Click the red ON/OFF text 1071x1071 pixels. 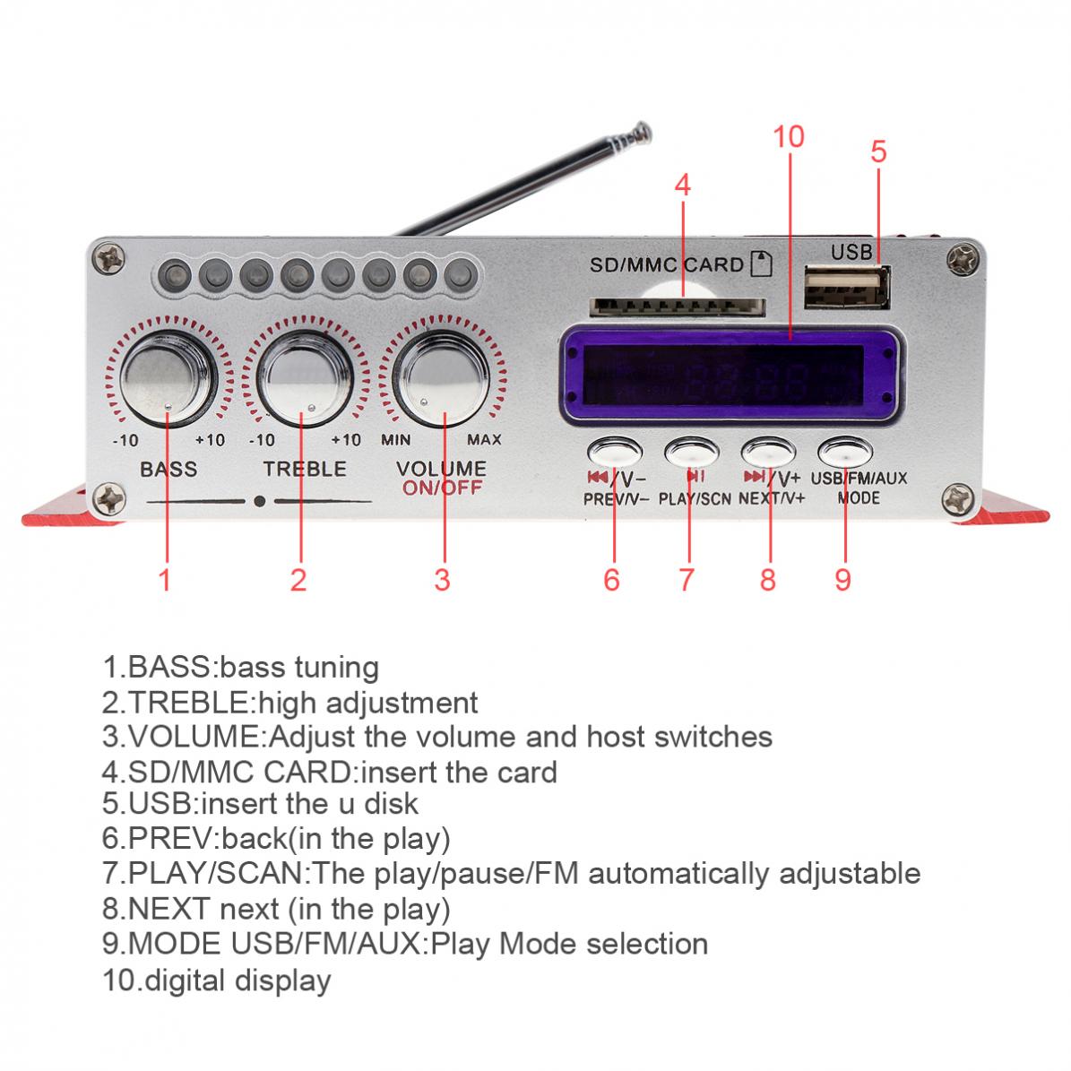[x=442, y=488]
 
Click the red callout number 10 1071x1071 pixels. [x=789, y=137]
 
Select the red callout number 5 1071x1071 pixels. [x=878, y=152]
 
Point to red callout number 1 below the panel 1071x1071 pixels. [x=164, y=579]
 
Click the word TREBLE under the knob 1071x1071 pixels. [x=304, y=469]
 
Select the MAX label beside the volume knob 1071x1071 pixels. [x=484, y=440]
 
